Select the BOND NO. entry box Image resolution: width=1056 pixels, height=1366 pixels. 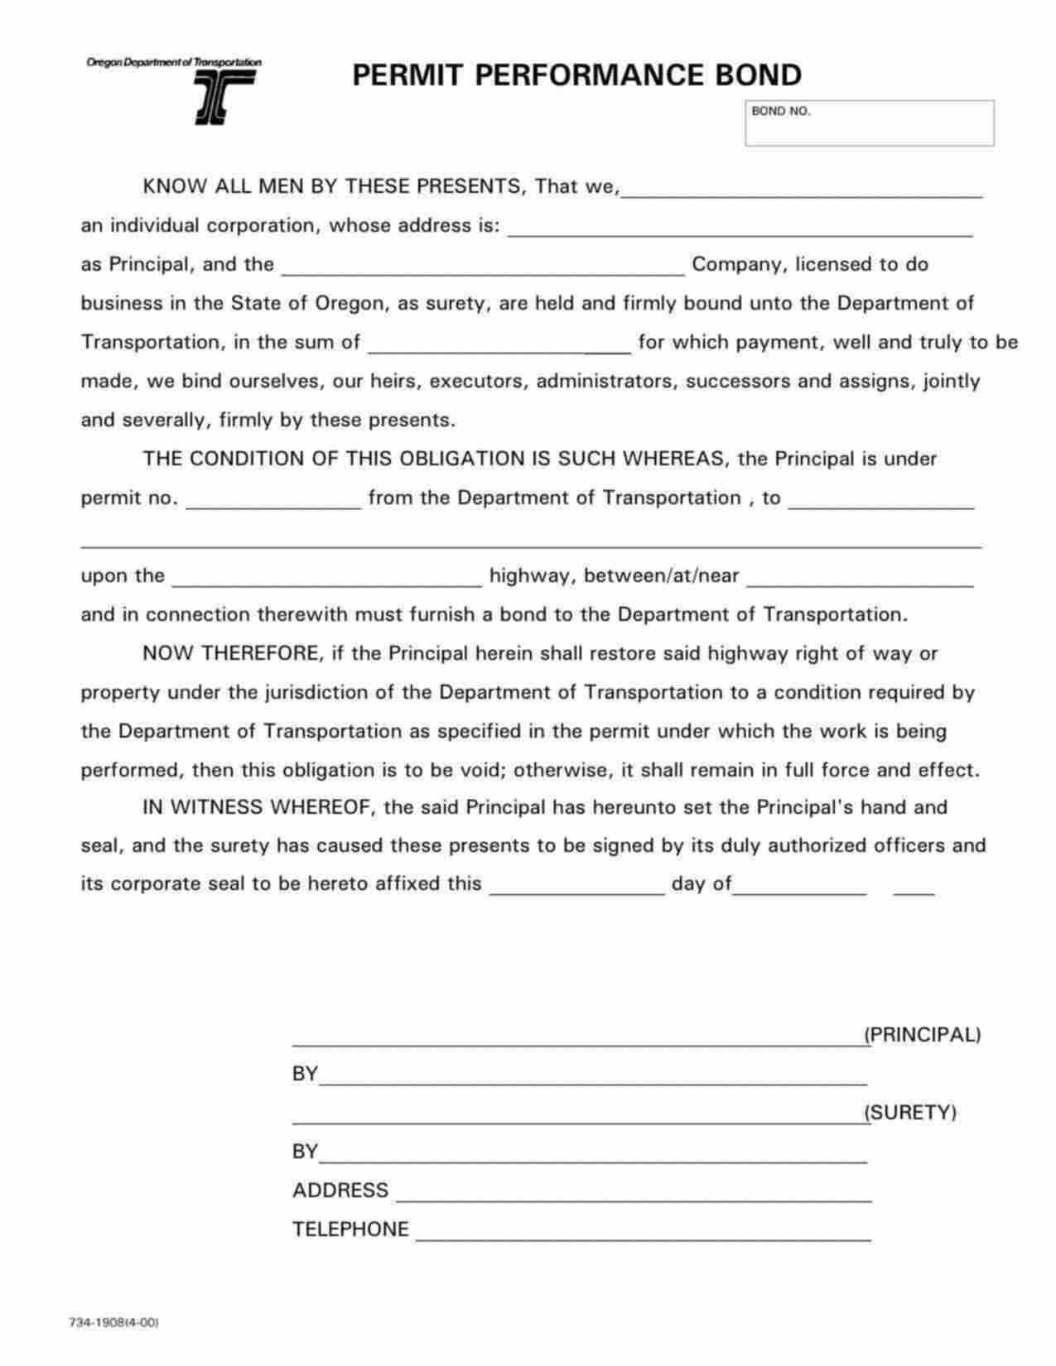[x=869, y=124]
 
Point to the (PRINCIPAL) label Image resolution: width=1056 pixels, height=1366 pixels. [x=922, y=1035]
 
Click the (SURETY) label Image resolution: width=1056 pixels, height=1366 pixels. [x=910, y=1113]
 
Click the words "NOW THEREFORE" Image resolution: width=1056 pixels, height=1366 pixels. [x=230, y=654]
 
